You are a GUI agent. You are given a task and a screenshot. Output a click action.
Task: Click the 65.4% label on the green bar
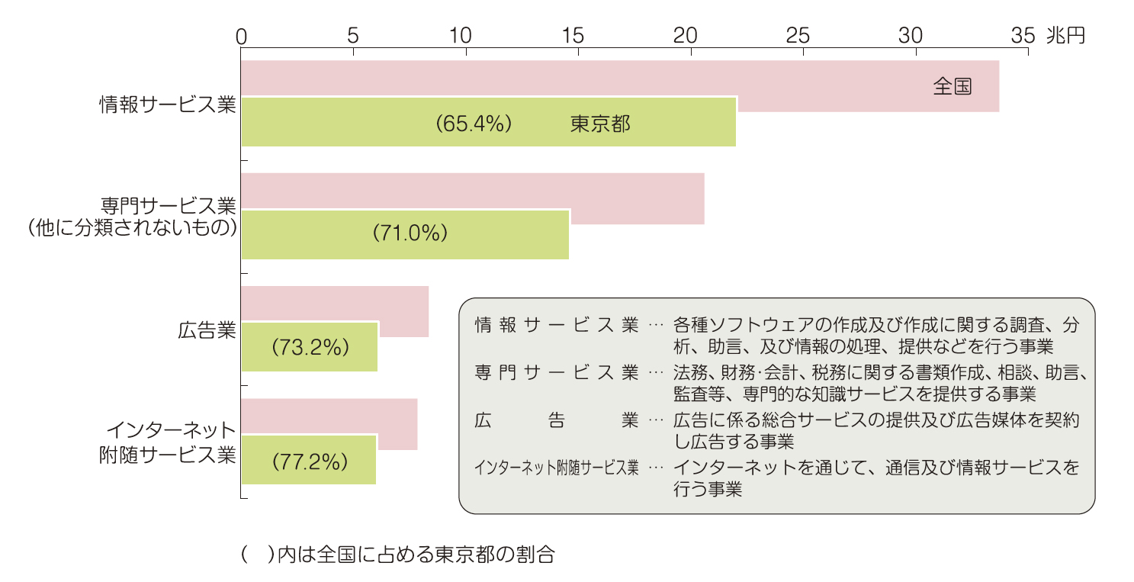(x=473, y=124)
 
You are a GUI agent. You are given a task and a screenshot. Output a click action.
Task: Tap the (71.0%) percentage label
(x=410, y=234)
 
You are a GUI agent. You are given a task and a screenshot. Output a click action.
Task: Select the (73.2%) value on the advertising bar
(x=310, y=347)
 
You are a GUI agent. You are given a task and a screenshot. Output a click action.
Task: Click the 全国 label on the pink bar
(x=952, y=86)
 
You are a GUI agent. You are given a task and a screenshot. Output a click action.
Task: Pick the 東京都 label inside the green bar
(x=600, y=124)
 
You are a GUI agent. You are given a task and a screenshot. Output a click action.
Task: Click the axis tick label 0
(x=242, y=35)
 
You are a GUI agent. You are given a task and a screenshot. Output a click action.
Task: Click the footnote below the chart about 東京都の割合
(x=397, y=555)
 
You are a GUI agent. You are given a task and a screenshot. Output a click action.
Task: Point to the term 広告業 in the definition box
(x=556, y=420)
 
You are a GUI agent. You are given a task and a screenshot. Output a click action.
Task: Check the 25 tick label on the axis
(x=798, y=35)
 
